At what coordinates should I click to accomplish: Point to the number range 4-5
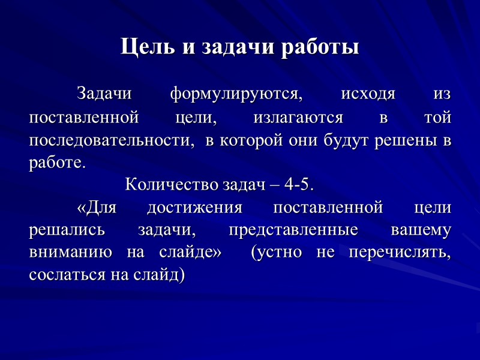(x=298, y=185)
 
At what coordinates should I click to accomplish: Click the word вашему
(x=421, y=230)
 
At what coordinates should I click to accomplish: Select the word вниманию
(x=70, y=253)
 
